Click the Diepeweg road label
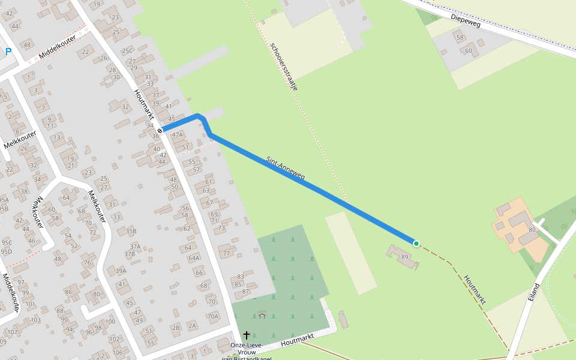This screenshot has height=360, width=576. (466, 19)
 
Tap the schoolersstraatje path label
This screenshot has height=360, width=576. (284, 66)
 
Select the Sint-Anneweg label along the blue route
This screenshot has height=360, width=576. (286, 169)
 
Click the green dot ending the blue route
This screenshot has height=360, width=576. (416, 243)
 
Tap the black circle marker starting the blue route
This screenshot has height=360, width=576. (160, 131)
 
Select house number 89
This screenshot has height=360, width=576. (405, 257)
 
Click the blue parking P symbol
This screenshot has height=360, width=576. (8, 52)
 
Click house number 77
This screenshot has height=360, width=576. (226, 254)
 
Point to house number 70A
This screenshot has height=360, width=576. (212, 316)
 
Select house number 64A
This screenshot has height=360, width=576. (194, 259)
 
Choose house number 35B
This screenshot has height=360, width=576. (131, 231)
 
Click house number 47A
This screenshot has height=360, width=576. (177, 135)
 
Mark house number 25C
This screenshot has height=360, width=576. (127, 51)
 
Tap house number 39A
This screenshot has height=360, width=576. (121, 271)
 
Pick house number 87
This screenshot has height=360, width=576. (245, 292)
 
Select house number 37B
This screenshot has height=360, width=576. (130, 254)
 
